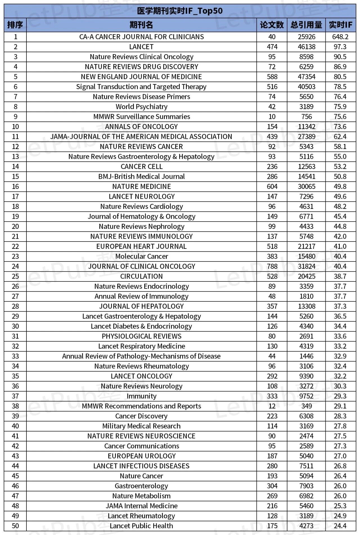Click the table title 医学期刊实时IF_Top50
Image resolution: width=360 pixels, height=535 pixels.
click(180, 11)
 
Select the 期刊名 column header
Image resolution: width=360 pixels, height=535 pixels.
click(141, 25)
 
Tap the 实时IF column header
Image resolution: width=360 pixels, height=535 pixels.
click(340, 25)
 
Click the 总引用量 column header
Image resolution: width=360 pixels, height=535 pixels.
click(306, 25)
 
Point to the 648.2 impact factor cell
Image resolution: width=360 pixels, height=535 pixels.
click(340, 37)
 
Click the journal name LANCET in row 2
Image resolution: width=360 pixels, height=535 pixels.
click(141, 47)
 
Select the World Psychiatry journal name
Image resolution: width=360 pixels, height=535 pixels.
click(141, 107)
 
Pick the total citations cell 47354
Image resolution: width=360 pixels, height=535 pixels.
click(307, 77)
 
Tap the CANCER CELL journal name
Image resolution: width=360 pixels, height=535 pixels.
click(141, 166)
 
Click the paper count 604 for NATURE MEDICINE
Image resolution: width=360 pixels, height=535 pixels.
click(272, 186)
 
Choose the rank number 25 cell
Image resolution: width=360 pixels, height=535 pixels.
click(15, 276)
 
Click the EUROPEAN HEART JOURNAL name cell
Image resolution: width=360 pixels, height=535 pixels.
click(141, 246)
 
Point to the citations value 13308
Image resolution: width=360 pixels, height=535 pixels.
click(307, 306)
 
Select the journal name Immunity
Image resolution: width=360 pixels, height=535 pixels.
click(141, 396)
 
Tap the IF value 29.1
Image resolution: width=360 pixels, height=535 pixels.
click(340, 406)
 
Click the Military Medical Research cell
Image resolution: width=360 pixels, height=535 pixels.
click(141, 426)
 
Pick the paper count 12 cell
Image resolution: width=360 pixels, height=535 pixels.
click(272, 406)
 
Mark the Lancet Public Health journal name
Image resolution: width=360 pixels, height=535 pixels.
click(141, 526)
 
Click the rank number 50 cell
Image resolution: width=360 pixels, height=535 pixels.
click(15, 526)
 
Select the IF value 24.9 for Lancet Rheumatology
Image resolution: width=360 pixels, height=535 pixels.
click(340, 516)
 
